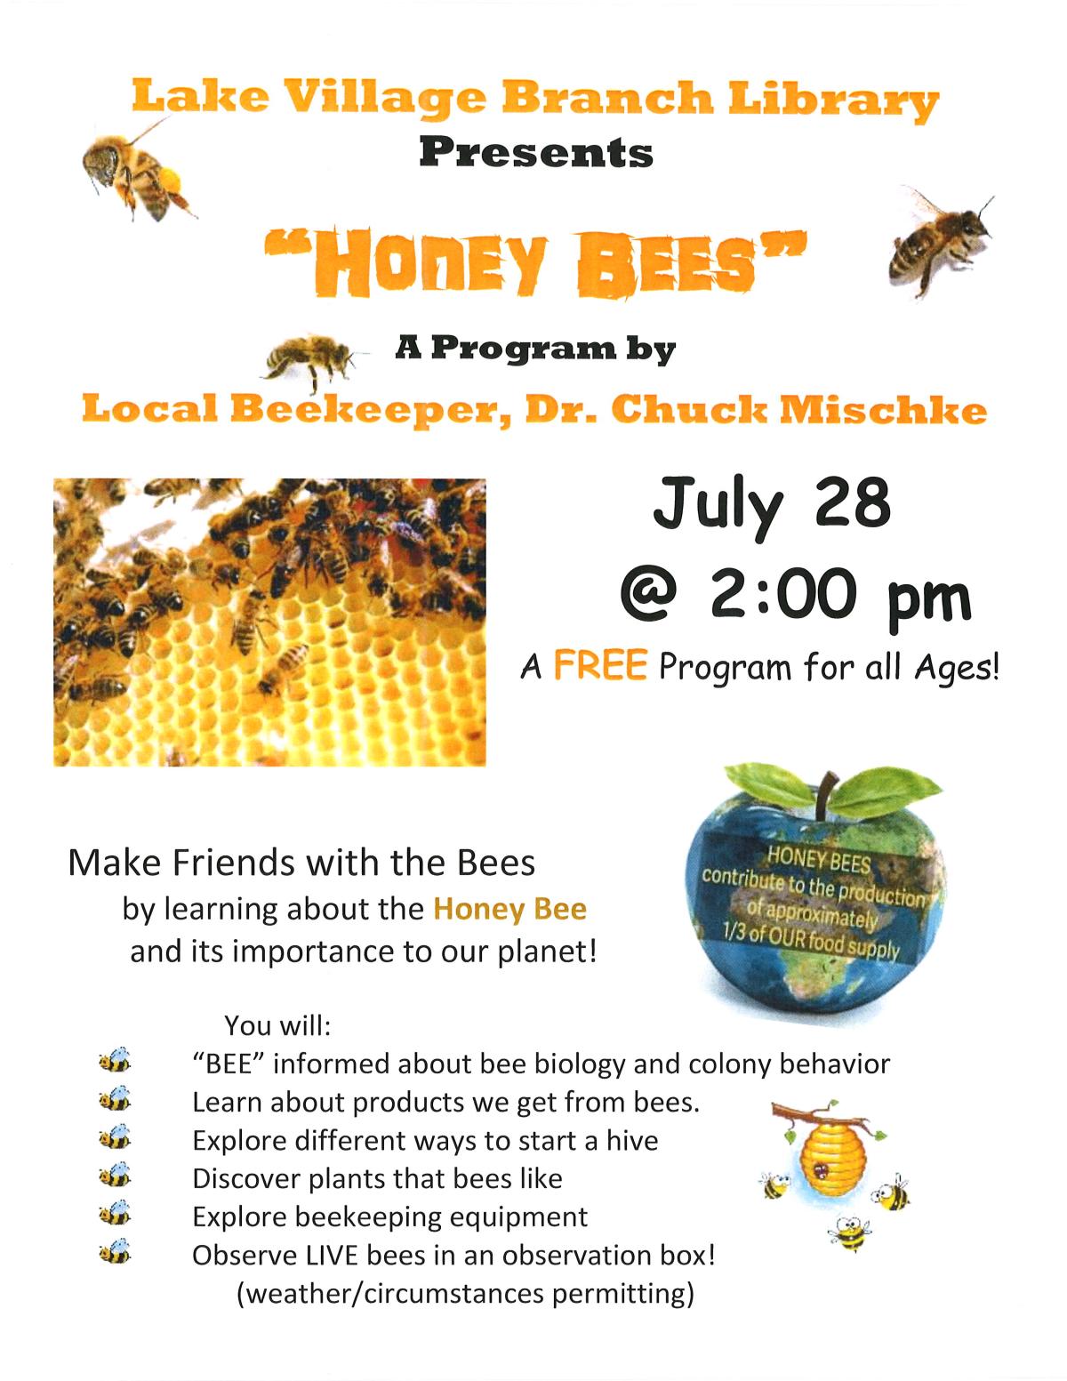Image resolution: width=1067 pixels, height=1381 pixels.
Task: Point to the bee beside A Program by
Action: point(310,358)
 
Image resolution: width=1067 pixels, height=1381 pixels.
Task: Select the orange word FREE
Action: point(599,666)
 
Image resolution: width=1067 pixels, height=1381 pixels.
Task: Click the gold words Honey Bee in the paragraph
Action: point(509,909)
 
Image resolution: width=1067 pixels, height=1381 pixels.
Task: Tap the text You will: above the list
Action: point(277,1025)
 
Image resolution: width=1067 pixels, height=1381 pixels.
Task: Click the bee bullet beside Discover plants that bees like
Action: point(115,1177)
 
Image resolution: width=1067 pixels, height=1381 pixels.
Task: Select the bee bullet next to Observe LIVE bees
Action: point(115,1254)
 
